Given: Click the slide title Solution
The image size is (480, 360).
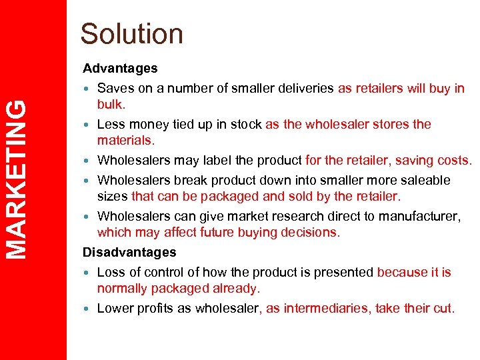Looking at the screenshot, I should coord(131,34).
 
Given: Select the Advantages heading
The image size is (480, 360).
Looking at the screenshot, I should coord(120,68).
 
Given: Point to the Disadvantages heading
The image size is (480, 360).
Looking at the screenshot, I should coord(129,252).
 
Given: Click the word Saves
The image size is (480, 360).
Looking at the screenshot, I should coord(114,88).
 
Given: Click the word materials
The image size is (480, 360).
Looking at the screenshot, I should coord(125,140).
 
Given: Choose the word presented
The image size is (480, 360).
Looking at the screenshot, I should coord(338,272).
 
